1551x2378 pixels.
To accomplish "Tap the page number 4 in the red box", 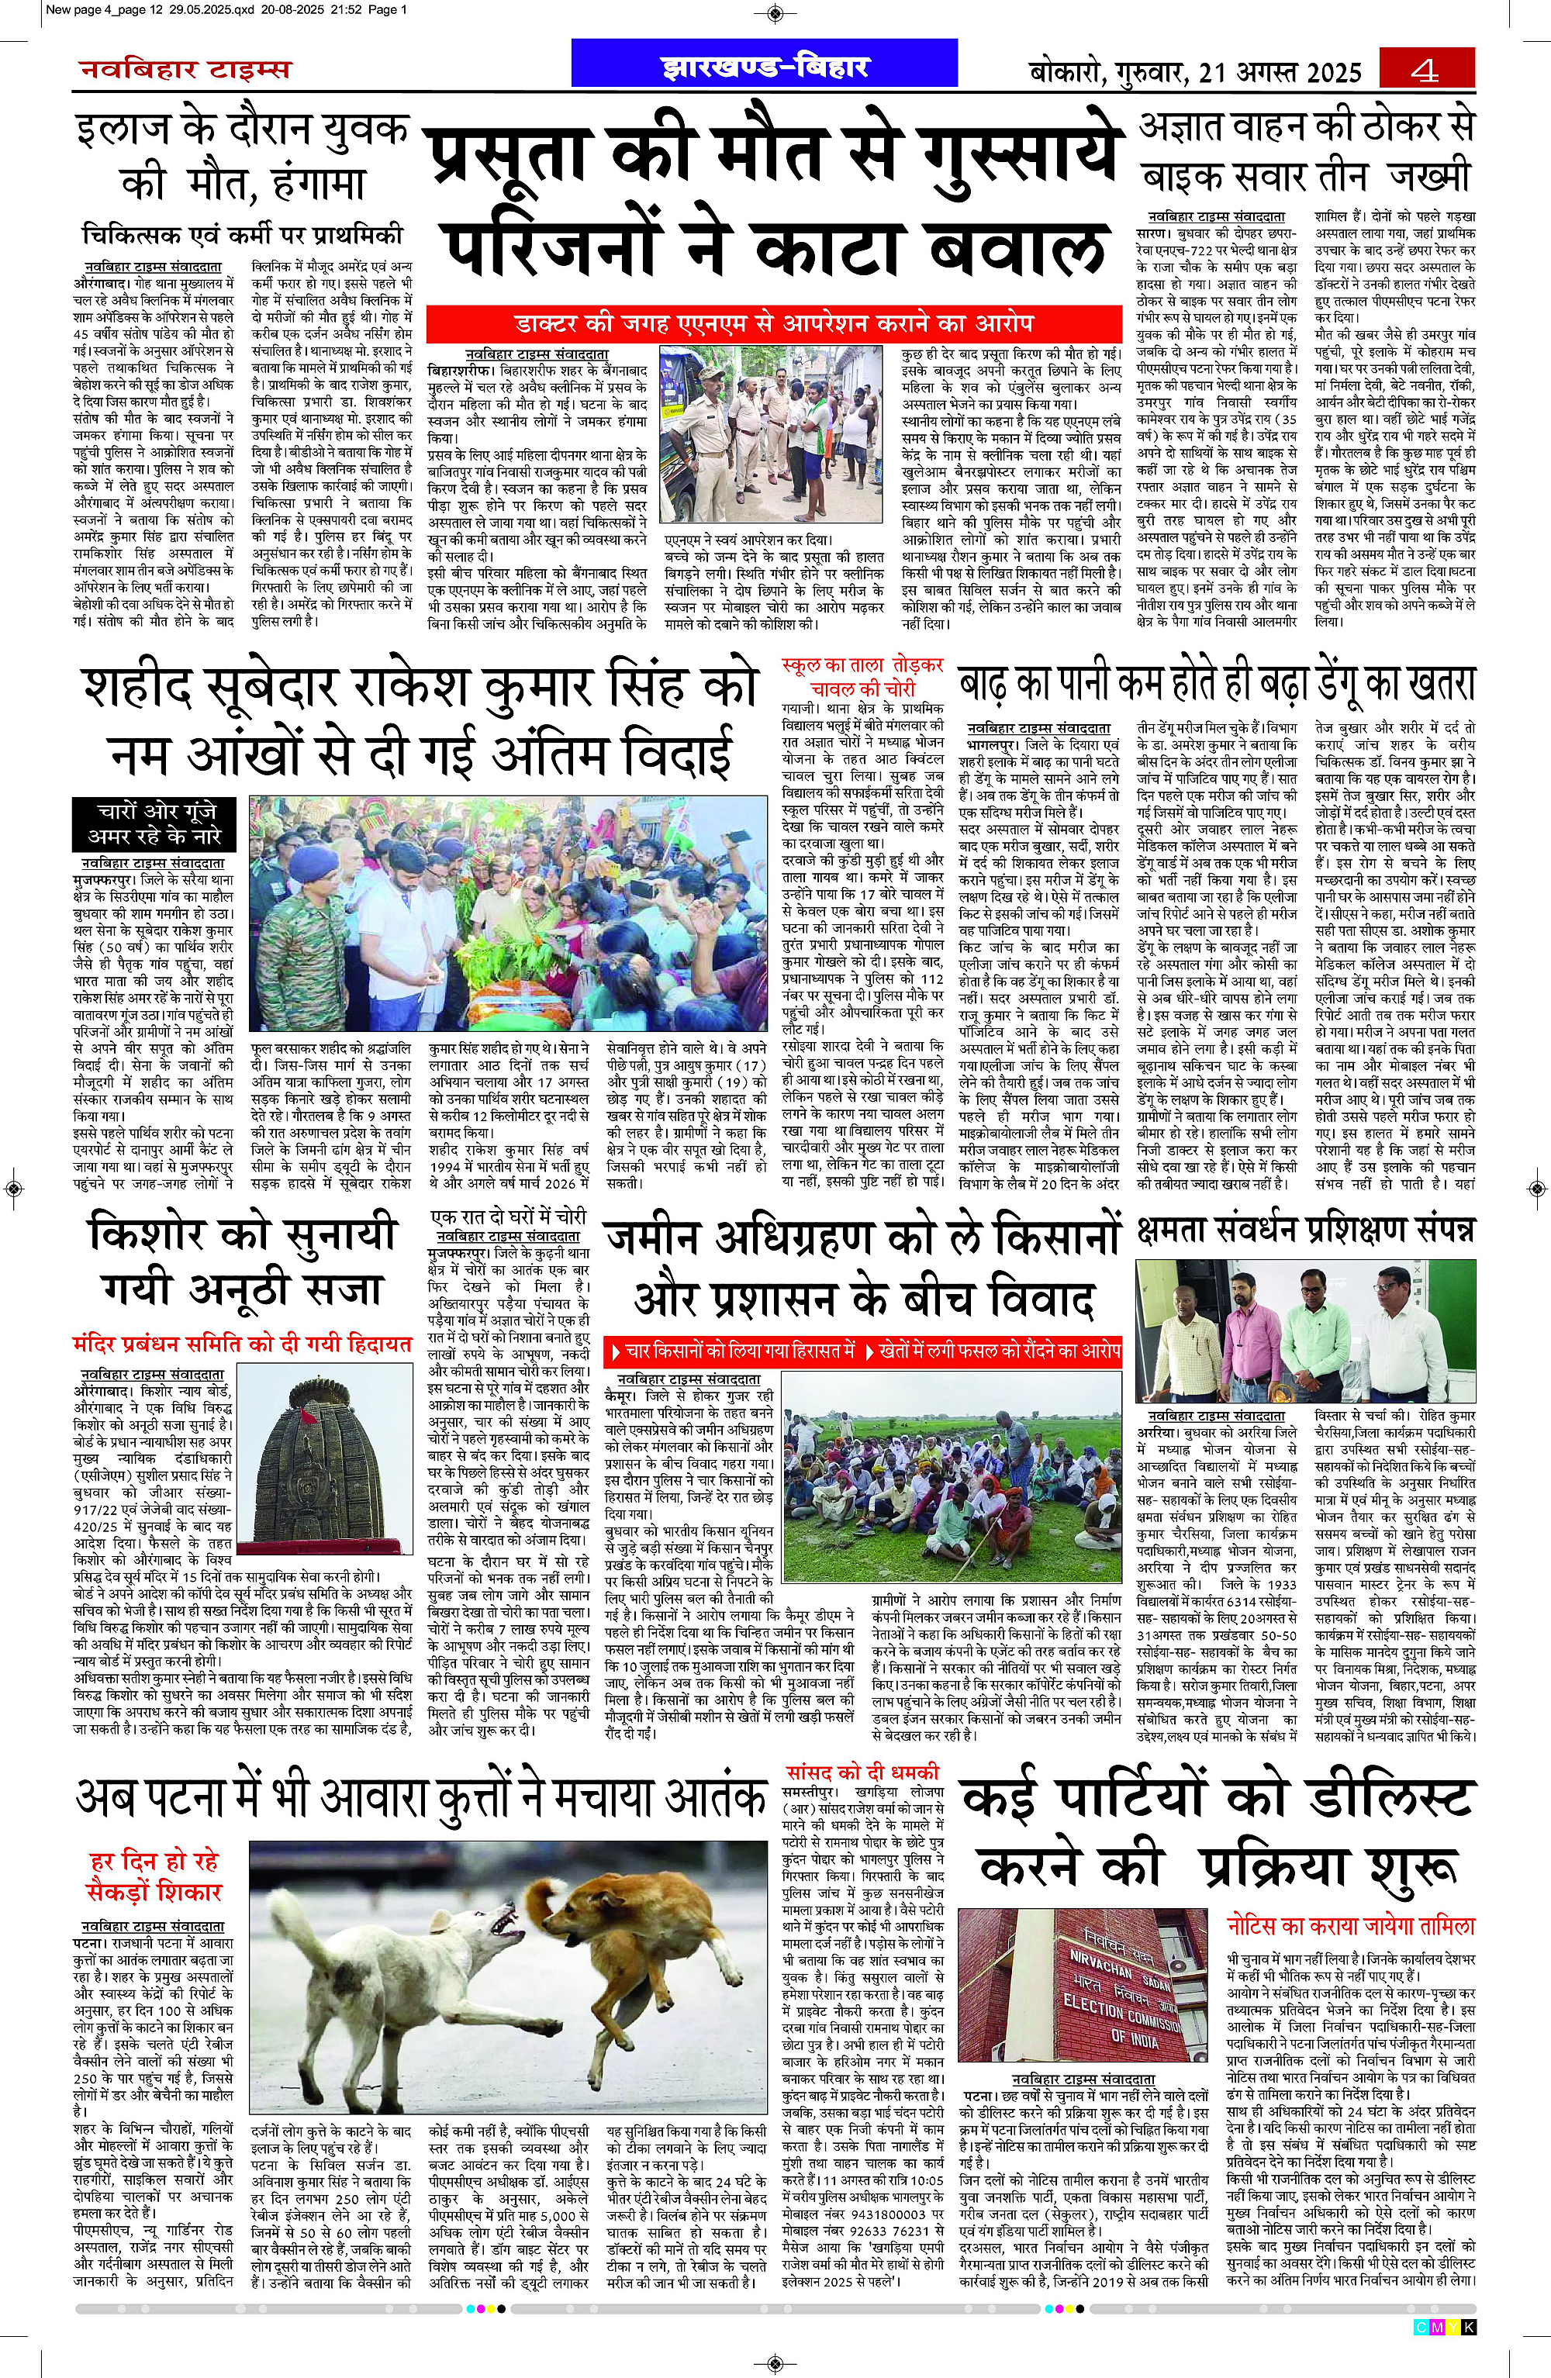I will [x=1426, y=71].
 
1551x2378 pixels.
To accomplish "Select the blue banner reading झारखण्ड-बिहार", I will [x=765, y=66].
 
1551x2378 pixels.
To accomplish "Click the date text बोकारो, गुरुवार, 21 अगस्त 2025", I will [x=1197, y=72].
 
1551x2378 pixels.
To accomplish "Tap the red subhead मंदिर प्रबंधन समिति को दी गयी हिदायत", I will [x=242, y=1344].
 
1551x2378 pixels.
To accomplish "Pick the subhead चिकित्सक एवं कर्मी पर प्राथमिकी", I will [x=243, y=236].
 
